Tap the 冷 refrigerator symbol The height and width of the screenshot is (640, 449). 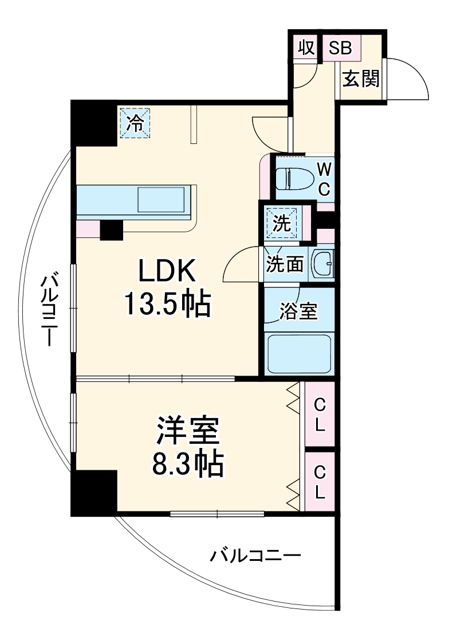(x=135, y=123)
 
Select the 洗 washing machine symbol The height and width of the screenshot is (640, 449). (x=282, y=223)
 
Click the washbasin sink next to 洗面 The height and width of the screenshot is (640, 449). (x=324, y=264)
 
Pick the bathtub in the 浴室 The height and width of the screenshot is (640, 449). (x=300, y=354)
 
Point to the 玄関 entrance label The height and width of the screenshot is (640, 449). (x=361, y=79)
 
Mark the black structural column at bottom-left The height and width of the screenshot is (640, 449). (x=93, y=492)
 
